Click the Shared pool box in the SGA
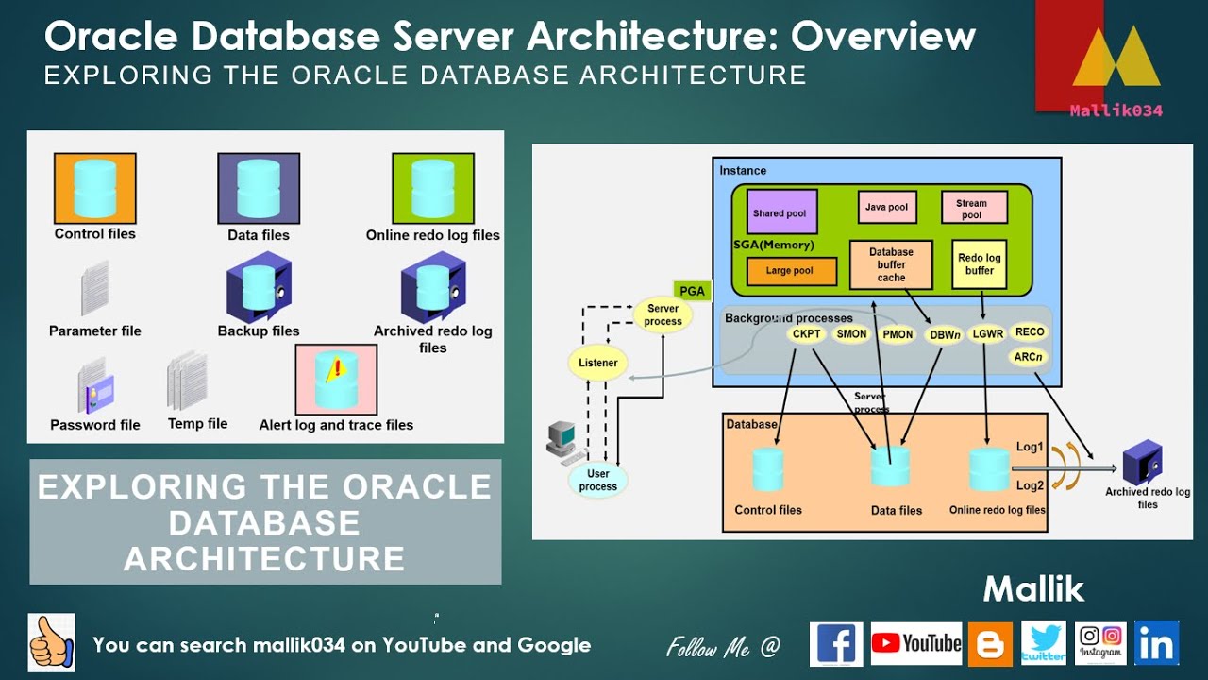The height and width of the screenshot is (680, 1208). pos(781,212)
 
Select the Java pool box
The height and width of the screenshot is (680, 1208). pos(886,207)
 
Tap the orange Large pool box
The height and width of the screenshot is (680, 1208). pos(791,271)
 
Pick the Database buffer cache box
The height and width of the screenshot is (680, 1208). pos(891,264)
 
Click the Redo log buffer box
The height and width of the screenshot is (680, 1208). pos(979,263)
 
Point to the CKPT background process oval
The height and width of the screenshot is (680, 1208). pos(808,333)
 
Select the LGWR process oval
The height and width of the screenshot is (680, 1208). pos(987,333)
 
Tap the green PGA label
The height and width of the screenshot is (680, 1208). pos(692,291)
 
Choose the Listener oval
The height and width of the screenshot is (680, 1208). pos(598,363)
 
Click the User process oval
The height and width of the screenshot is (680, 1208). pos(598,480)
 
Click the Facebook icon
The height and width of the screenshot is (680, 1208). pos(836,643)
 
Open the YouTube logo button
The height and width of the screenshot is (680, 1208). pos(916,643)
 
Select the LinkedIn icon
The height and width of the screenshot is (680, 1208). pos(1157,643)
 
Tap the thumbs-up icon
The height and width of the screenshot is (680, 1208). pos(51,642)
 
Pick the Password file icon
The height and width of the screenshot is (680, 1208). pos(95,386)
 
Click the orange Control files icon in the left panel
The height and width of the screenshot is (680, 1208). pos(94,188)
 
